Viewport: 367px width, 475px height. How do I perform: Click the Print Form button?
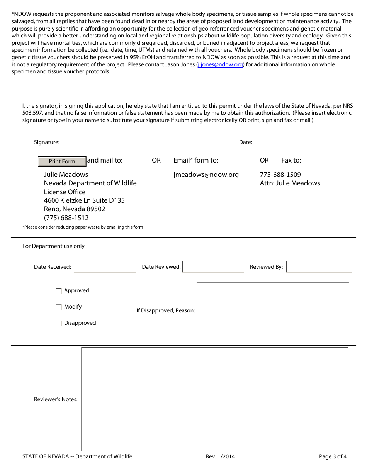62,161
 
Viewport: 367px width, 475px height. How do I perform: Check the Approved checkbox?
59,291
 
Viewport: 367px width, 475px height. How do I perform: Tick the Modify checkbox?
59,307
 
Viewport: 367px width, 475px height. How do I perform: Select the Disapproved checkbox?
59,324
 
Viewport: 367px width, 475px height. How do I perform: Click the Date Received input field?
105,267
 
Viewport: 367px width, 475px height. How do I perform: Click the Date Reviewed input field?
213,267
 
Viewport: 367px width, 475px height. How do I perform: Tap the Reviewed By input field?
319,267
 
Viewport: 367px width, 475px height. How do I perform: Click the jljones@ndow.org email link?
220,64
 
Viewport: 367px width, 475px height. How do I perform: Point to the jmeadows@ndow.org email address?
206,175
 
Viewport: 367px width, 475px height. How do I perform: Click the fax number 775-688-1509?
280,175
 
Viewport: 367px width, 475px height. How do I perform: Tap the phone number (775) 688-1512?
66,218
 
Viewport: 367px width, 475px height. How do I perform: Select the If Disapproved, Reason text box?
273,310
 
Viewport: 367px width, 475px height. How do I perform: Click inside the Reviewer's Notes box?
215,399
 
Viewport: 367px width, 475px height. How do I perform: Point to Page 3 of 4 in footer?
333,456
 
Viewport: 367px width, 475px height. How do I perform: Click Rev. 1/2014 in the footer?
220,456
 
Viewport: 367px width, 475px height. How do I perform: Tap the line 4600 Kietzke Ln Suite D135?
84,200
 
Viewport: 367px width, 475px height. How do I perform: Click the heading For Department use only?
53,246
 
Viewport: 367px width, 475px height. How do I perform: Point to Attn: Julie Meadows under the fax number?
290,183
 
